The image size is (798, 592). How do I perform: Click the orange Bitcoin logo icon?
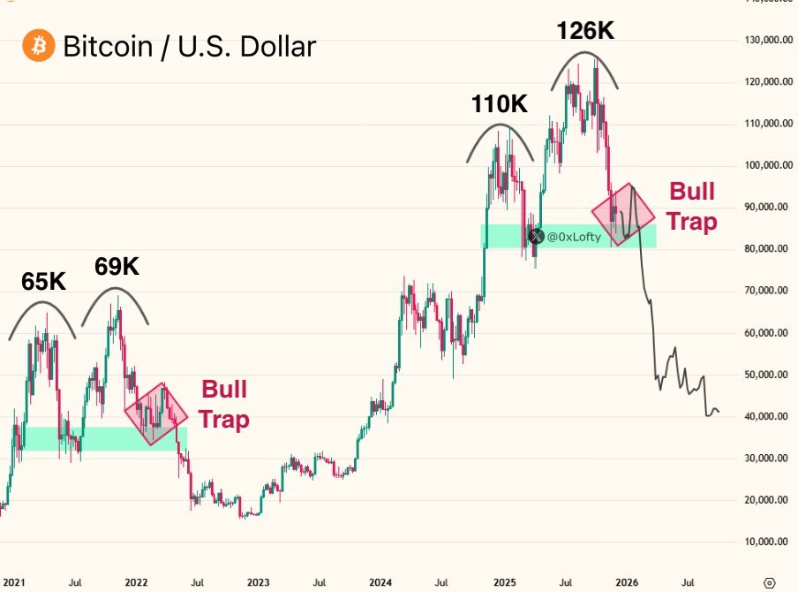[38, 45]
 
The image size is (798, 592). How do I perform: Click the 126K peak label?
[584, 31]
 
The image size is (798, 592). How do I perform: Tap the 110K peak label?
[499, 105]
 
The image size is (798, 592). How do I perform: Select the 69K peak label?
[117, 266]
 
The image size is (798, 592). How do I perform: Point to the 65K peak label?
[44, 281]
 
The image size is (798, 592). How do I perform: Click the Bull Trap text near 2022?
[224, 404]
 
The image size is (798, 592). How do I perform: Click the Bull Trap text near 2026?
[691, 206]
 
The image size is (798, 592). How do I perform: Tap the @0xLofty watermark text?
[574, 236]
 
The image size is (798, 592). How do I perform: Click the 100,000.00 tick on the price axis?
[766, 165]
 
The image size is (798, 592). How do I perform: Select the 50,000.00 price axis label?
[766, 375]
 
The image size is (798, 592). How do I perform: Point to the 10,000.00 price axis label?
[766, 542]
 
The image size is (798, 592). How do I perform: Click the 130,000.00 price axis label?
[764, 40]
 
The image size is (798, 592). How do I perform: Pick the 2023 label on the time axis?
[259, 583]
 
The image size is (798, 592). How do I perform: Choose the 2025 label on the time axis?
[504, 583]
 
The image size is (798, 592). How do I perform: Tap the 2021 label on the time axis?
[13, 583]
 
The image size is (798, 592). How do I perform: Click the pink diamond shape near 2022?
[156, 414]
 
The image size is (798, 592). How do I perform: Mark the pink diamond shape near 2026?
[623, 215]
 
